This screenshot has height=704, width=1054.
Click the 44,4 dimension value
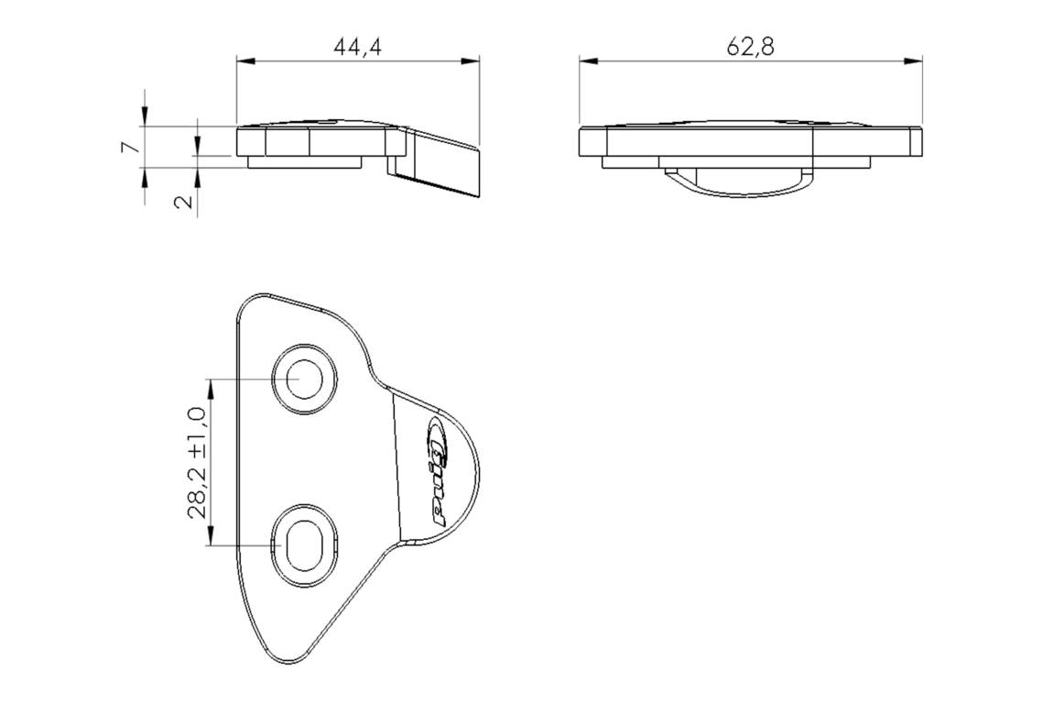pos(357,47)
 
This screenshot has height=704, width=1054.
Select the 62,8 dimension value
pos(750,47)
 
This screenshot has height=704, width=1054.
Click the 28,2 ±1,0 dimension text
pos(197,462)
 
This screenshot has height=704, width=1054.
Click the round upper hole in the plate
pos(304,379)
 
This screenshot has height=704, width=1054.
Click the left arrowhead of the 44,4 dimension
pos(246,61)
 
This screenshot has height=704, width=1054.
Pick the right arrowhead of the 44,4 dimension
pos(471,61)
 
